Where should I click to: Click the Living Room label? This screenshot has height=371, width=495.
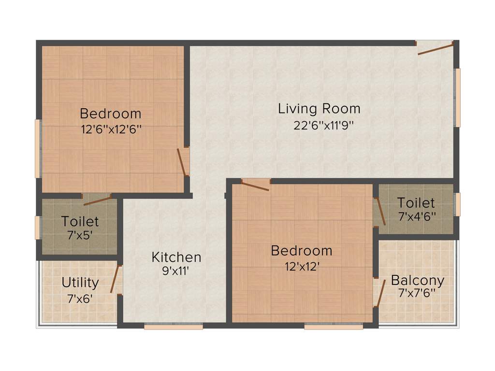(319, 108)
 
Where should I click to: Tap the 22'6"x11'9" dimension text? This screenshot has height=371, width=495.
(324, 125)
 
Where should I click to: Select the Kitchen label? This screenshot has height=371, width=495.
(176, 257)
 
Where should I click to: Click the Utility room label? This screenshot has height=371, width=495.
(80, 282)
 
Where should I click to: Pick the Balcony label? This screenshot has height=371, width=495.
(418, 280)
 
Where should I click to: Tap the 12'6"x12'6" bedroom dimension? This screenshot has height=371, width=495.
(111, 129)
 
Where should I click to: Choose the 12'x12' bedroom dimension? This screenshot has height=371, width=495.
(301, 266)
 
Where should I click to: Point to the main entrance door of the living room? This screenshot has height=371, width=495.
(435, 47)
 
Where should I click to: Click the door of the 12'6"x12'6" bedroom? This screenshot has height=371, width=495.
(182, 162)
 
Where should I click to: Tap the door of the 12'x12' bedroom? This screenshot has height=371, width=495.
(255, 185)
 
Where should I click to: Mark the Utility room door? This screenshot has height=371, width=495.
(115, 279)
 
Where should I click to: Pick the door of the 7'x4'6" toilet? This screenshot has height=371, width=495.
(380, 212)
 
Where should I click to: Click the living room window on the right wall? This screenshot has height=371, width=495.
(457, 98)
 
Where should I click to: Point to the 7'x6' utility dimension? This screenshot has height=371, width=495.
(80, 298)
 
